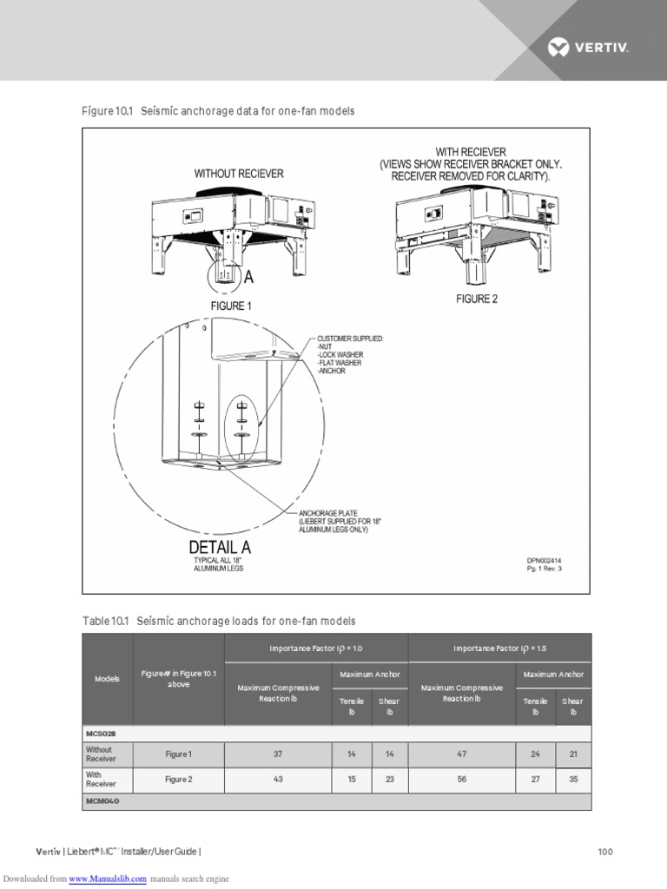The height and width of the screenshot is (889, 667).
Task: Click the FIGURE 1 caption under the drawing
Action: point(230,306)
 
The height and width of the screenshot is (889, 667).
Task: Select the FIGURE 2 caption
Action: point(477,299)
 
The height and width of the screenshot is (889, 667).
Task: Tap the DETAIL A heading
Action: point(220,547)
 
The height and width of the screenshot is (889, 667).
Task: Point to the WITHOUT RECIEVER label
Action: point(239,174)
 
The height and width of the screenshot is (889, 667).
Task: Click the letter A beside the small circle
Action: point(248,277)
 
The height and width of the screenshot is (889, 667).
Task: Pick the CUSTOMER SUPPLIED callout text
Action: point(350,338)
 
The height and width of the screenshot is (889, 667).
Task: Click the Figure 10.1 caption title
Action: point(218,111)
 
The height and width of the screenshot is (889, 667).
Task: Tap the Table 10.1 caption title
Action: point(219,621)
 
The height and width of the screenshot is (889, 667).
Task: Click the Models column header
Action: point(107,678)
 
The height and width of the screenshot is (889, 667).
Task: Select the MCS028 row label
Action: point(101,734)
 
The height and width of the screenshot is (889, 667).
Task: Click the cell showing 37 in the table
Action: point(278,754)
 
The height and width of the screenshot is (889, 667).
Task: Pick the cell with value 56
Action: point(461,780)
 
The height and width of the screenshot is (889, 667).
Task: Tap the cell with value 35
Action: point(572,780)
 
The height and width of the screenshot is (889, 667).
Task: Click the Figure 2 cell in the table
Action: point(178,780)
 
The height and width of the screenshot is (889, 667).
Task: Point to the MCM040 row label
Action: point(102,801)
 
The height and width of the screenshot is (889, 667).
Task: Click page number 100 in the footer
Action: point(605,852)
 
